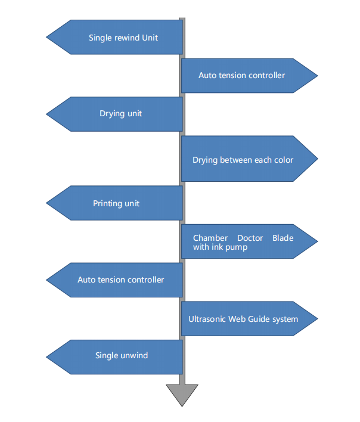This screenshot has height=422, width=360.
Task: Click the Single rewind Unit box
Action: tap(123, 38)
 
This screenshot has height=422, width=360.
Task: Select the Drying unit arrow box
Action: tap(120, 114)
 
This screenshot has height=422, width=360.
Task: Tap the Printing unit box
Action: tap(116, 203)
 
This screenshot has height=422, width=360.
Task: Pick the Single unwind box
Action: tap(122, 356)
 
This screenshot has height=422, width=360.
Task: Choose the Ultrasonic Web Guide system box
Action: tap(243, 319)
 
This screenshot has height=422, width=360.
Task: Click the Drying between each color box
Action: tap(243, 160)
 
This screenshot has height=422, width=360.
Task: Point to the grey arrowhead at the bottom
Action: tap(182, 395)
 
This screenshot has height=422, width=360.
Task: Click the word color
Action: tap(283, 160)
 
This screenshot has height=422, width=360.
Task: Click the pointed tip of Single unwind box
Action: tap(47, 356)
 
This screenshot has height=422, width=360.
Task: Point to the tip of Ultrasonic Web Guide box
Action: tap(317, 319)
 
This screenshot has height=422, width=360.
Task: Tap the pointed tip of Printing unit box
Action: tap(47, 203)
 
